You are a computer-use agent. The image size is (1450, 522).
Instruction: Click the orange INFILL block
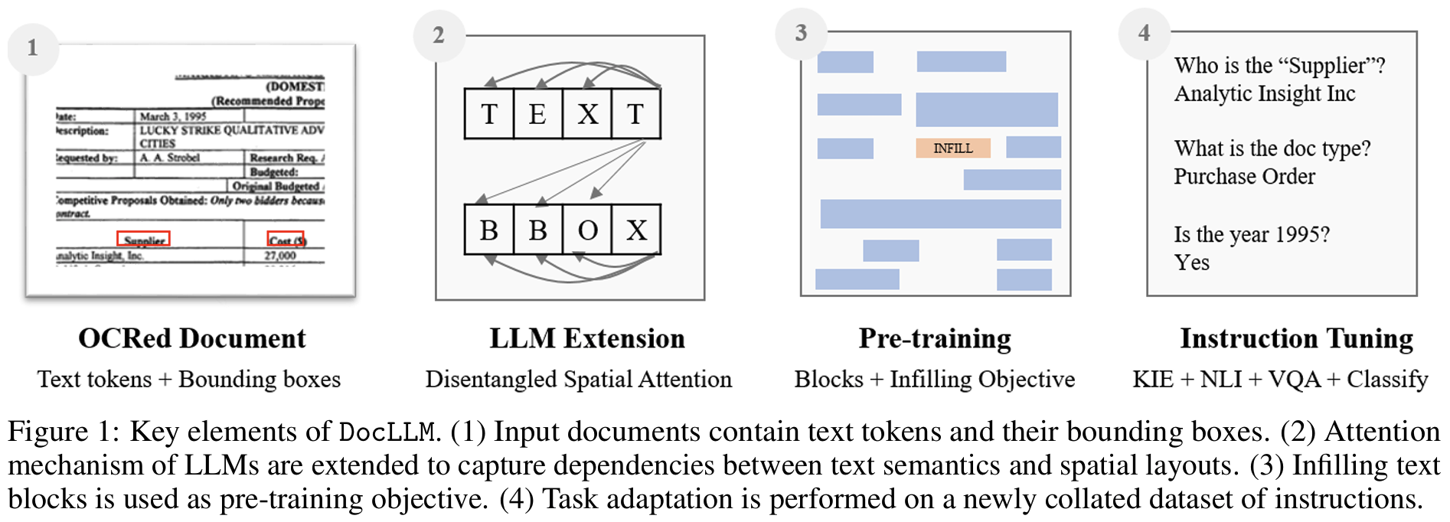(x=953, y=148)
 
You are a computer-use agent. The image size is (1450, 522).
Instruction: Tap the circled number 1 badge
(x=33, y=48)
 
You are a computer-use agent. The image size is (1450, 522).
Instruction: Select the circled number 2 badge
(x=439, y=35)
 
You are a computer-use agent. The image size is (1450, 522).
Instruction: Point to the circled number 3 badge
(x=801, y=33)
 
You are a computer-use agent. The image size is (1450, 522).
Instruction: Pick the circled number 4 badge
(x=1144, y=33)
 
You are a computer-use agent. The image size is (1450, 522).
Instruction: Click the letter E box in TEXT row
(x=537, y=114)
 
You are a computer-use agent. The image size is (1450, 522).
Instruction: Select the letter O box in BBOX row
(x=587, y=230)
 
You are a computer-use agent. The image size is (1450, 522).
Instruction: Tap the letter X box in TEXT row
(x=587, y=114)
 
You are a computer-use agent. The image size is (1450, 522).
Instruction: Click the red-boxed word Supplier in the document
(x=144, y=240)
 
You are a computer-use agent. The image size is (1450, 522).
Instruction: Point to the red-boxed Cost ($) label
(x=286, y=240)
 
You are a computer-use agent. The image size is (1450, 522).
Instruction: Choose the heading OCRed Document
(x=192, y=338)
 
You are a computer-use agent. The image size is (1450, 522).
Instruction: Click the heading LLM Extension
(x=587, y=338)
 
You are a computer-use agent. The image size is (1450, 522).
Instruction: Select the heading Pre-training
(x=935, y=338)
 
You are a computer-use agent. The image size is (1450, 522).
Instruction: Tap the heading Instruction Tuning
(x=1296, y=338)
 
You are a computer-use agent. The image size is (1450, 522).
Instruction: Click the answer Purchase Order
(x=1245, y=177)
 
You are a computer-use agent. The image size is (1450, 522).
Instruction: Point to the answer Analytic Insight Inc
(x=1265, y=94)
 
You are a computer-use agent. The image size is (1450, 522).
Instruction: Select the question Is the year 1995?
(x=1252, y=234)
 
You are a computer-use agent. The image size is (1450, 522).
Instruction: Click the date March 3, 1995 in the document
(x=173, y=116)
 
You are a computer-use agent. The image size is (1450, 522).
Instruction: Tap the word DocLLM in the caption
(x=387, y=432)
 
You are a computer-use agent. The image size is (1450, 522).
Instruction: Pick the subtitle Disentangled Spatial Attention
(x=579, y=380)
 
